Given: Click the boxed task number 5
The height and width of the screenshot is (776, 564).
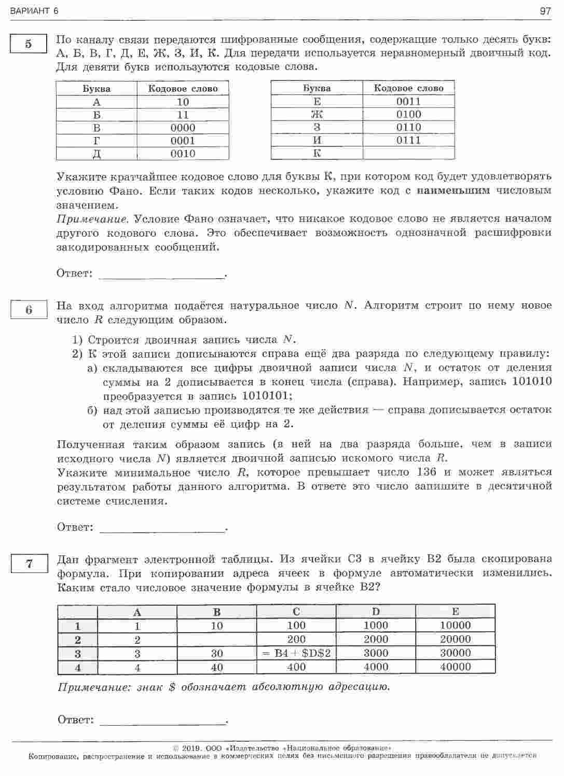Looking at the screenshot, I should [x=29, y=44].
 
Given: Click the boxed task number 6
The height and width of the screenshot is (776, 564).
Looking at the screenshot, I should [x=29, y=310].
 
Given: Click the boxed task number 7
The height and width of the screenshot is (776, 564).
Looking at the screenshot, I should [x=29, y=564].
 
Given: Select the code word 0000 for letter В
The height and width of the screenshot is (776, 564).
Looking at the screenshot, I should [x=183, y=128].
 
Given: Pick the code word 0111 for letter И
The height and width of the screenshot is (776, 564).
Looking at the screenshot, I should [x=408, y=140].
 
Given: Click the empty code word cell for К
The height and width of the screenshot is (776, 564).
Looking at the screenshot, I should [x=408, y=153].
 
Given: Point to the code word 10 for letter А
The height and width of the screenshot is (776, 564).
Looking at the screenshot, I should [x=183, y=102].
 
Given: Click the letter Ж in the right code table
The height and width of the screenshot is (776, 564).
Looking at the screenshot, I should [x=317, y=114].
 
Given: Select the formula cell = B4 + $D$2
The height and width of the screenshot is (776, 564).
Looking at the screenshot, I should [x=296, y=653].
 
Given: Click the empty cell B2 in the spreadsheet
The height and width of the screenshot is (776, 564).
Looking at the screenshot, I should [x=217, y=639].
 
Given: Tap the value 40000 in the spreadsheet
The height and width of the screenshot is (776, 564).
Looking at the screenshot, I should [x=455, y=667].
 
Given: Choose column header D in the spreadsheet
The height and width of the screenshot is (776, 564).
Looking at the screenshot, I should [x=376, y=611].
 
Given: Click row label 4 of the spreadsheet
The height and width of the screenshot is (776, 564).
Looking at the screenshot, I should [x=78, y=668].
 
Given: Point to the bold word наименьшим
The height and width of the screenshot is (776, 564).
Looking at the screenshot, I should [x=453, y=190].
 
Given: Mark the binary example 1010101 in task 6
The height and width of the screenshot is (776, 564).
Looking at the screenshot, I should [x=267, y=396].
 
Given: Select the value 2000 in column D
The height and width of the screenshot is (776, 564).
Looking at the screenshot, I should [x=376, y=639].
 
